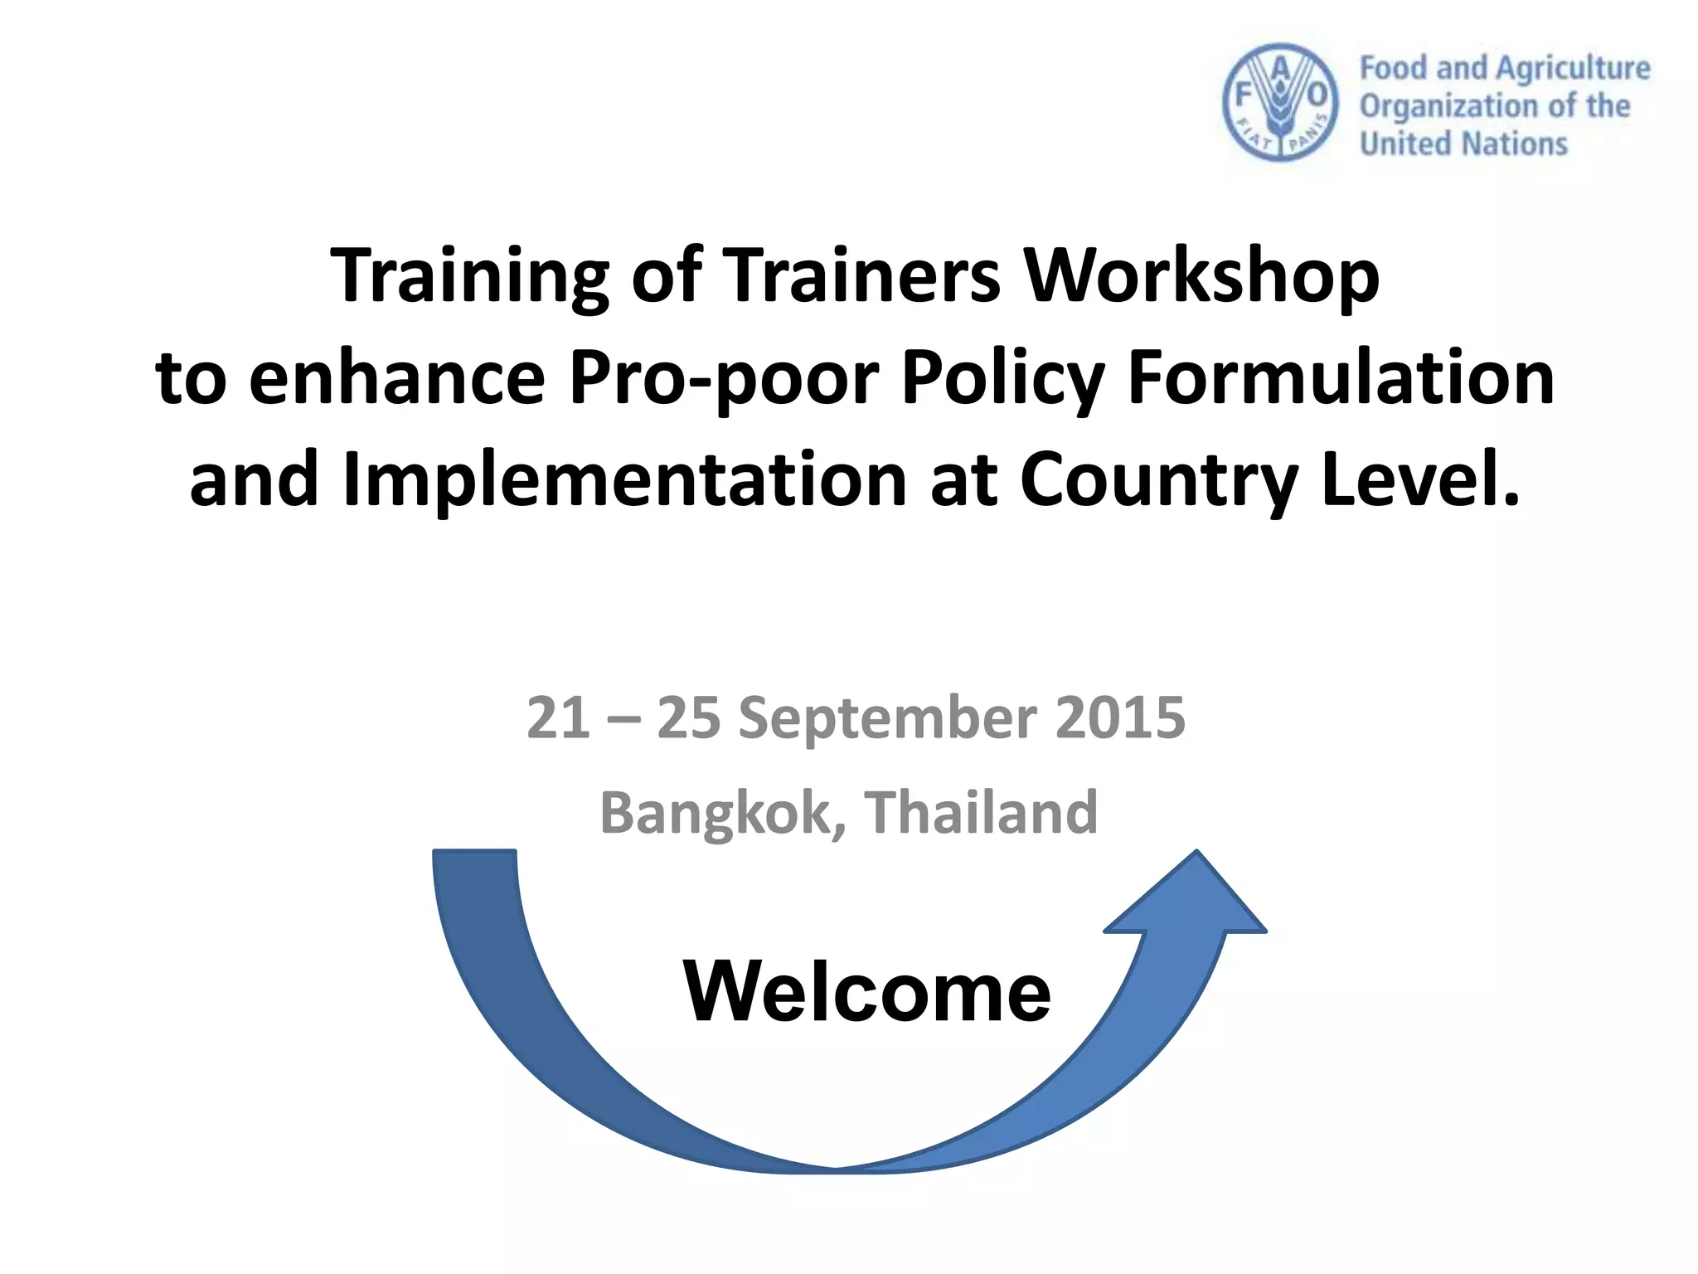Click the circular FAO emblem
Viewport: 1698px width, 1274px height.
click(x=1281, y=102)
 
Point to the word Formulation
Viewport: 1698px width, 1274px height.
click(x=1341, y=379)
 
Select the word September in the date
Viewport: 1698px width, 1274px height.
click(x=887, y=717)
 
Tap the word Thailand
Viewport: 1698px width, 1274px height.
click(x=982, y=813)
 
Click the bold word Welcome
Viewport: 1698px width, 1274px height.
click(x=867, y=991)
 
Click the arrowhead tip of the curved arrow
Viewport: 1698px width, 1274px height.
click(x=1196, y=854)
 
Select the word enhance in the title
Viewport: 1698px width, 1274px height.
click(x=397, y=379)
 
